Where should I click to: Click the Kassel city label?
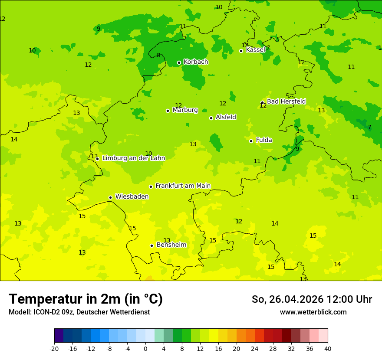pyautogui.click(x=255, y=50)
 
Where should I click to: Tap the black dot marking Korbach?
pyautogui.click(x=179, y=62)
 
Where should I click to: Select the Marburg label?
pyautogui.click(x=185, y=110)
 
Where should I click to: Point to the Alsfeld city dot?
pyautogui.click(x=211, y=118)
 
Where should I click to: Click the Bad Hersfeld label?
pyautogui.click(x=286, y=101)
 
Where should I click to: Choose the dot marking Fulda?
pyautogui.click(x=251, y=141)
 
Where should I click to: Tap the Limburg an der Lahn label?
pyautogui.click(x=133, y=158)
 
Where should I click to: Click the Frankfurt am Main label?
pyautogui.click(x=183, y=186)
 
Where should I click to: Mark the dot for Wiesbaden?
pyautogui.click(x=110, y=197)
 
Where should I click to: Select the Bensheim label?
pyautogui.click(x=171, y=245)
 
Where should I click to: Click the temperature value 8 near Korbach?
pyautogui.click(x=158, y=55)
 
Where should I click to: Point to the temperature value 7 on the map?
pyautogui.click(x=369, y=127)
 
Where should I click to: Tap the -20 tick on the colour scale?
pyautogui.click(x=54, y=348)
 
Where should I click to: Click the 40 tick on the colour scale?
pyautogui.click(x=328, y=348)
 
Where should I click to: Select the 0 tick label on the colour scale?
pyautogui.click(x=145, y=348)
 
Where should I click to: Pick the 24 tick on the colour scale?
pyautogui.click(x=255, y=348)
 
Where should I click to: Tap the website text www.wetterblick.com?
pyautogui.click(x=313, y=312)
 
